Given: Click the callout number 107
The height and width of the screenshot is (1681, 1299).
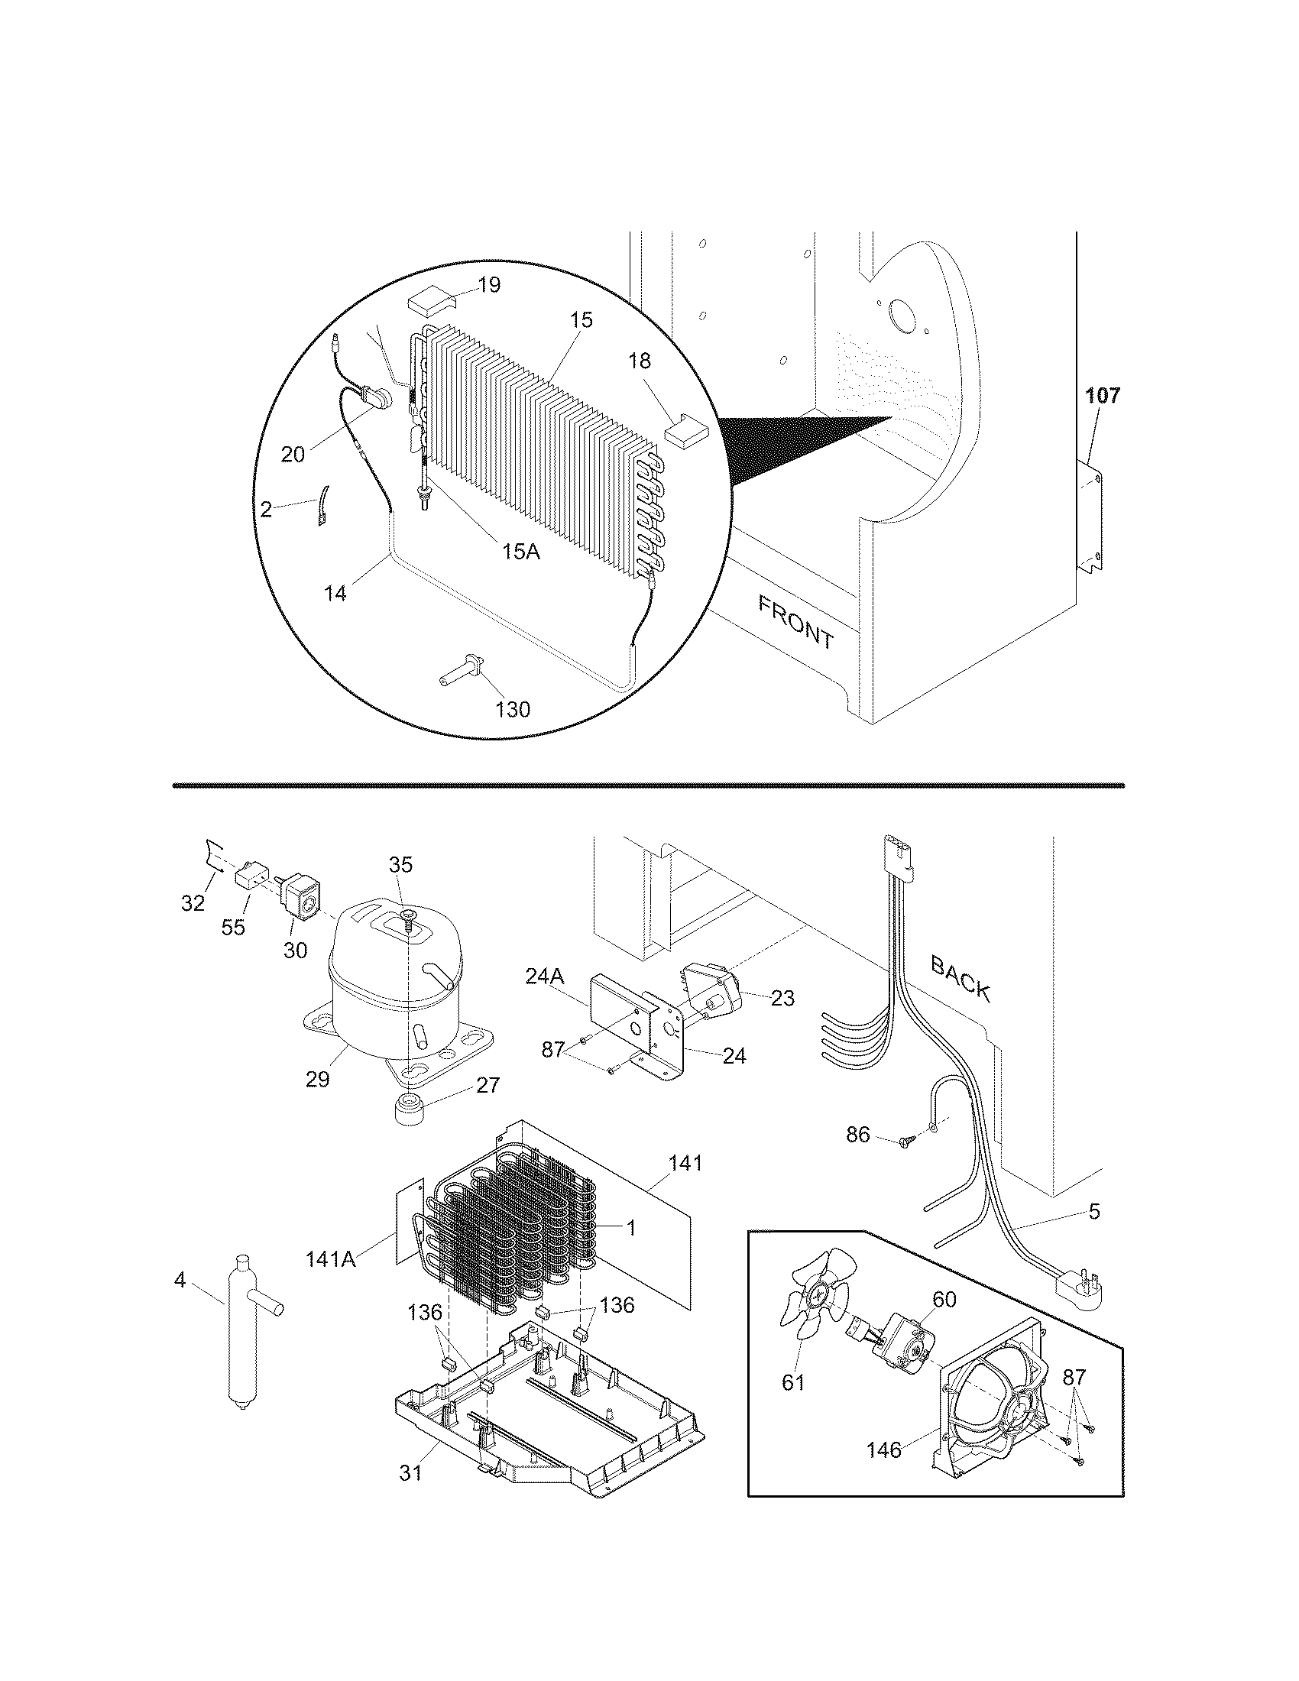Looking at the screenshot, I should pyautogui.click(x=1103, y=397).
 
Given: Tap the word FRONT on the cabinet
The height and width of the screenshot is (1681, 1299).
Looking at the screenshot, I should pyautogui.click(x=795, y=623).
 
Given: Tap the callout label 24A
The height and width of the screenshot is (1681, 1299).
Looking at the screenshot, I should pyautogui.click(x=546, y=976).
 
